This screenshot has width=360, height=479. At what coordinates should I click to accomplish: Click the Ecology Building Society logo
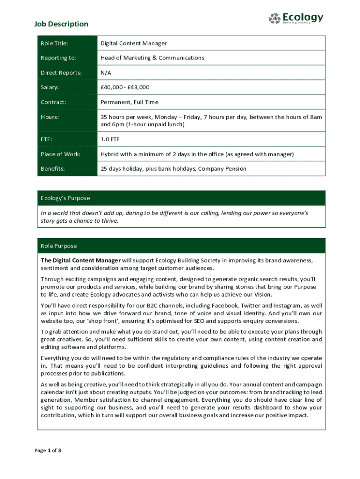click(295, 18)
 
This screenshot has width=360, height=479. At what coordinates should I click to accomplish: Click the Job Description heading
click(61, 24)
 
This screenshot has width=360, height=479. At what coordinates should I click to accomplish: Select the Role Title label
click(54, 44)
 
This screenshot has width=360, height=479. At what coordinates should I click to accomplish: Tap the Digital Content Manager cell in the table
click(134, 44)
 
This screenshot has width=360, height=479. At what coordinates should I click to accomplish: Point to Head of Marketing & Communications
click(152, 58)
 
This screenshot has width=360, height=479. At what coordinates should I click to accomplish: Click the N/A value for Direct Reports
click(106, 73)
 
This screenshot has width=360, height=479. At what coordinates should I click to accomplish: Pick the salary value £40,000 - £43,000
click(125, 87)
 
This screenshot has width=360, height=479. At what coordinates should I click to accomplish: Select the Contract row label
click(53, 102)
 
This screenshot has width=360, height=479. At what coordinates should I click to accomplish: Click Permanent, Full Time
click(130, 102)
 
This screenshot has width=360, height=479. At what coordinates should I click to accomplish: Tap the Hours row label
click(50, 117)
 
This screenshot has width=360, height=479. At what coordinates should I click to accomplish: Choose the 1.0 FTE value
click(110, 139)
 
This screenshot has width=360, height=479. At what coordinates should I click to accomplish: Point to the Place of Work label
click(60, 154)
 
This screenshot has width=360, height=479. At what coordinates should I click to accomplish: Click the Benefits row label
click(53, 168)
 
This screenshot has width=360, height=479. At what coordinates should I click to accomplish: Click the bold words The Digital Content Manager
click(80, 260)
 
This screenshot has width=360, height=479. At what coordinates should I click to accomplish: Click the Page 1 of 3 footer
click(48, 450)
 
